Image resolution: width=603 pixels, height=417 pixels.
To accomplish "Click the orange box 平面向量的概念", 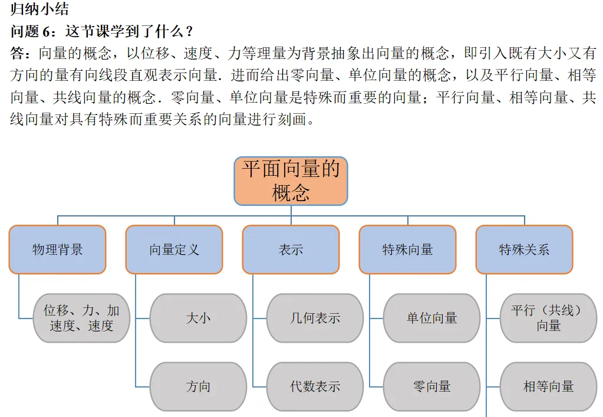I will click(x=291, y=180).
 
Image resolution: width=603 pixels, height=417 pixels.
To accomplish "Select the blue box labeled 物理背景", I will click(x=57, y=249).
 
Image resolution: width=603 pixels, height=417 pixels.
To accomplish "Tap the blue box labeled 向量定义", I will click(x=174, y=249).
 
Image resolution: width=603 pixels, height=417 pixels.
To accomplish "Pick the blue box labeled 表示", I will click(x=291, y=249).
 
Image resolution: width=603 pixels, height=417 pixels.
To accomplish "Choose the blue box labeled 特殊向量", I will click(x=407, y=249).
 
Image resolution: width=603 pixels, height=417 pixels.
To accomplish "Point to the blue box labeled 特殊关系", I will click(x=524, y=249).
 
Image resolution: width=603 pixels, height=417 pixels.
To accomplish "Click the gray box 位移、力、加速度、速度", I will click(x=81, y=318).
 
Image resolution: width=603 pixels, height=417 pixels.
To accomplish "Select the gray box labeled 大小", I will click(x=198, y=318).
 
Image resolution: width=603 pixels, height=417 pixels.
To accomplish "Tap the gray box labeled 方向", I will click(x=198, y=386).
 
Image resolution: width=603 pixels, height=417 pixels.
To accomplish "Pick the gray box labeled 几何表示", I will click(x=315, y=318).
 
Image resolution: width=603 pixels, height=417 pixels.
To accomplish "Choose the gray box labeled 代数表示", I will click(x=315, y=386).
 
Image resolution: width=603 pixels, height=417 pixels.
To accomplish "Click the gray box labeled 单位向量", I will click(x=431, y=318).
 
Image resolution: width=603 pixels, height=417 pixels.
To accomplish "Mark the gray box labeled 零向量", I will click(x=431, y=386).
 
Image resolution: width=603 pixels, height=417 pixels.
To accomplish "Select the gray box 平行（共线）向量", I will click(x=548, y=318).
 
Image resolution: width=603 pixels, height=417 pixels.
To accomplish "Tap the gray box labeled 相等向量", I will click(x=548, y=386).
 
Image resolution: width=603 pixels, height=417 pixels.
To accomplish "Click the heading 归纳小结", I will click(x=35, y=9).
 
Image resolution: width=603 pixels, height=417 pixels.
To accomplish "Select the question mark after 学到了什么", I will click(x=189, y=31).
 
